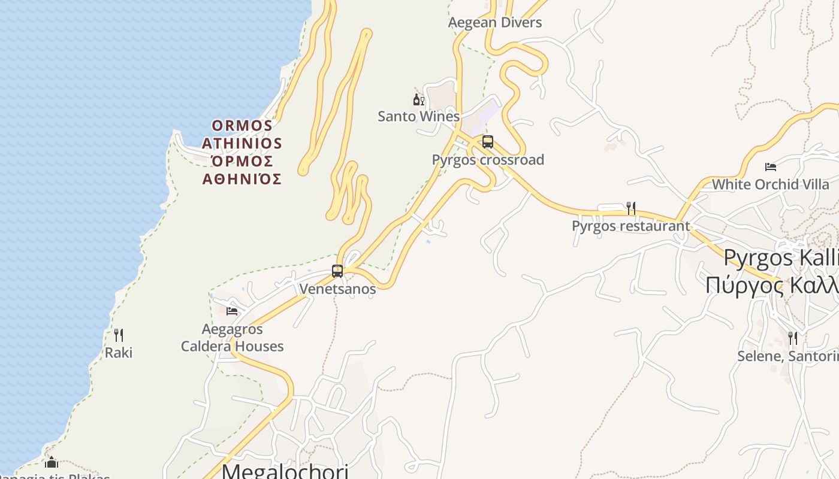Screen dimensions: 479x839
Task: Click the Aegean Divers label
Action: click(x=495, y=23)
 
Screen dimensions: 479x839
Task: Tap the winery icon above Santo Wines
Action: click(x=418, y=99)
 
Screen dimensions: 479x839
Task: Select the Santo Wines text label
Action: click(x=418, y=116)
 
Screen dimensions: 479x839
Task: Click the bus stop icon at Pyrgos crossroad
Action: click(x=488, y=142)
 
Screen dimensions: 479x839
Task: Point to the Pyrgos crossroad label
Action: click(x=488, y=160)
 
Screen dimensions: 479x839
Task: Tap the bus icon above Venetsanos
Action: click(x=337, y=271)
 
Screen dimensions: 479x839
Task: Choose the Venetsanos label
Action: click(x=337, y=289)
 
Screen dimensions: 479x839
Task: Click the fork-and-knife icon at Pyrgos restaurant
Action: click(x=630, y=208)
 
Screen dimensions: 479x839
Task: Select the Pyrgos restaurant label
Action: click(x=630, y=226)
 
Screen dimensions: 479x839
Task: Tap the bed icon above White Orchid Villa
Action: click(x=771, y=166)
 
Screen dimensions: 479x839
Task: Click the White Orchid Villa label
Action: click(x=771, y=184)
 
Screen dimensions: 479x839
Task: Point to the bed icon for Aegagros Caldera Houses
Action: click(x=232, y=311)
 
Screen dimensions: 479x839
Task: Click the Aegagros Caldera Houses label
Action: click(x=233, y=338)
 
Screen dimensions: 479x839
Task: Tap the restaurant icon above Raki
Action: click(x=119, y=335)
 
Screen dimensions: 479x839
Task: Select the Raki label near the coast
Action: click(x=119, y=353)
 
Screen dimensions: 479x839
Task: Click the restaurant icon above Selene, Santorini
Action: click(x=792, y=338)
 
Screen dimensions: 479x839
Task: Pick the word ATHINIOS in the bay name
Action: click(x=242, y=144)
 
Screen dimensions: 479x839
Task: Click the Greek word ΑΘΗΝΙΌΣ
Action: click(x=242, y=179)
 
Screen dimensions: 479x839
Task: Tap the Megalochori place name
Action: click(x=285, y=471)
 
